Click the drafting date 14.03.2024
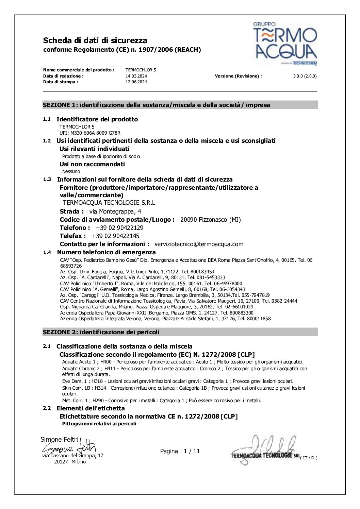pyautogui.click(x=136, y=76)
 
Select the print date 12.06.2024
pyautogui.click(x=136, y=82)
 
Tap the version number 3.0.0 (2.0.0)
pyautogui.click(x=305, y=76)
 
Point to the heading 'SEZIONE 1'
pyautogui.click(x=60, y=105)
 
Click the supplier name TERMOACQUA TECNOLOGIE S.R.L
pyautogui.click(x=109, y=203)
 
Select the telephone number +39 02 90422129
pyautogui.click(x=120, y=228)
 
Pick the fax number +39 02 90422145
pyautogui.click(x=116, y=236)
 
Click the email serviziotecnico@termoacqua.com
pyautogui.click(x=199, y=244)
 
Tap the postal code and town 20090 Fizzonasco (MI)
pyautogui.click(x=210, y=220)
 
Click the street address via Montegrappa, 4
pyautogui.click(x=115, y=211)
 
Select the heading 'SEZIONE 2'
pyautogui.click(x=60, y=332)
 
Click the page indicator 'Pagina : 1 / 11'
pyautogui.click(x=180, y=451)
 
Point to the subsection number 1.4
pyautogui.click(x=47, y=252)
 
